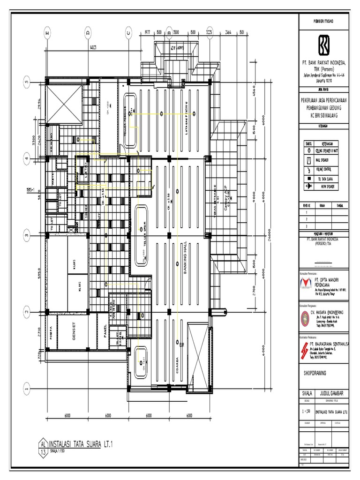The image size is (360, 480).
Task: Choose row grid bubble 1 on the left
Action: coord(27,387)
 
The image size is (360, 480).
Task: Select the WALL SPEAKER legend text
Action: coord(324,160)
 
